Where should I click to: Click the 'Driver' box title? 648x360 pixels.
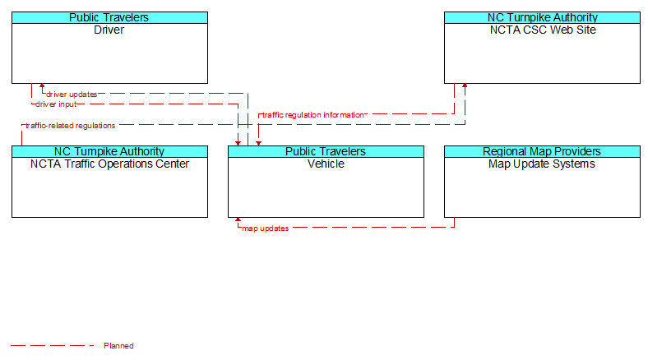(109, 30)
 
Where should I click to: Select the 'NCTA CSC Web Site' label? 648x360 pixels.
(543, 30)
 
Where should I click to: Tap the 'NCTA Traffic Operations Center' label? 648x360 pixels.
(109, 164)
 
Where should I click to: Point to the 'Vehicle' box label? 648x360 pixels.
(326, 164)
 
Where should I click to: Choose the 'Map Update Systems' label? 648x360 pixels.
(542, 164)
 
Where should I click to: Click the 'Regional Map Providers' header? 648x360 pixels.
(542, 151)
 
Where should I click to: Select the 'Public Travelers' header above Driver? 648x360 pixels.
(109, 17)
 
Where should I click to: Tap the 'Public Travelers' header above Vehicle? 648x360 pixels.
(326, 151)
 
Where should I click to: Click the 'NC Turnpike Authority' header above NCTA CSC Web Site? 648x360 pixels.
(543, 17)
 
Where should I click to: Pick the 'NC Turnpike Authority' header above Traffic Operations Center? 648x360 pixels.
(109, 151)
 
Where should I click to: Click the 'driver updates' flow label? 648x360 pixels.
(72, 95)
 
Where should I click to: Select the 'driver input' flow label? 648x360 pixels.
(56, 104)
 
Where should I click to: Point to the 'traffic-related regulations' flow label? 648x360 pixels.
(70, 126)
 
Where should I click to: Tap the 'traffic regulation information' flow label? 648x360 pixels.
(313, 115)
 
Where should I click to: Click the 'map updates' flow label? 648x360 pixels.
(266, 228)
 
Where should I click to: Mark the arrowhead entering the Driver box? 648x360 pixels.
(42, 85)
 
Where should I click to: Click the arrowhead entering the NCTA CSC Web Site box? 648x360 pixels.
(465, 85)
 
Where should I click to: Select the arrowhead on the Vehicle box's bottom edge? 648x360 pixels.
(238, 219)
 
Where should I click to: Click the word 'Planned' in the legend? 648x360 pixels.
(118, 346)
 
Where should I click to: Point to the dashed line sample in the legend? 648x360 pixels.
(52, 345)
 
